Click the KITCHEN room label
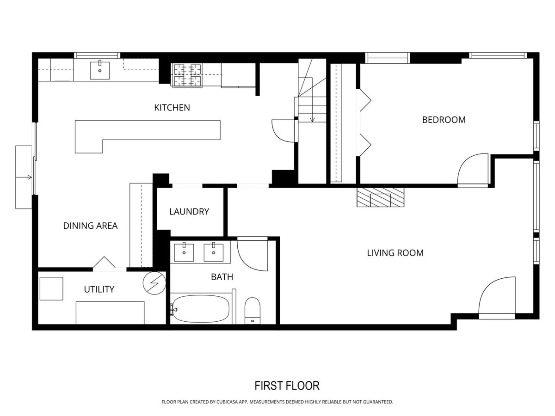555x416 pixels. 172,108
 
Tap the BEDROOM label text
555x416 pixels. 444,120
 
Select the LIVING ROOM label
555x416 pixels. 395,253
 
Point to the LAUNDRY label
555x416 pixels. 189,211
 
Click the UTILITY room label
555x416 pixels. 99,289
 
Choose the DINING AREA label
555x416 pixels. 90,226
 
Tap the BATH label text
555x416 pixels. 222,277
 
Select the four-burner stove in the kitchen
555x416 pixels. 187,75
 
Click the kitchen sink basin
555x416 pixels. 100,70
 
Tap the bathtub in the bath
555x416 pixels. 200,309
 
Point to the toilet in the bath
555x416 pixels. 253,311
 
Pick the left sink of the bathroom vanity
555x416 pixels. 184,252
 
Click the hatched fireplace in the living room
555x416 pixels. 380,197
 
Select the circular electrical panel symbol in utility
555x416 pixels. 154,283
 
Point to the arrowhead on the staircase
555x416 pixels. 312,120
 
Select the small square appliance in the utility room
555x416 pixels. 51,288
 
